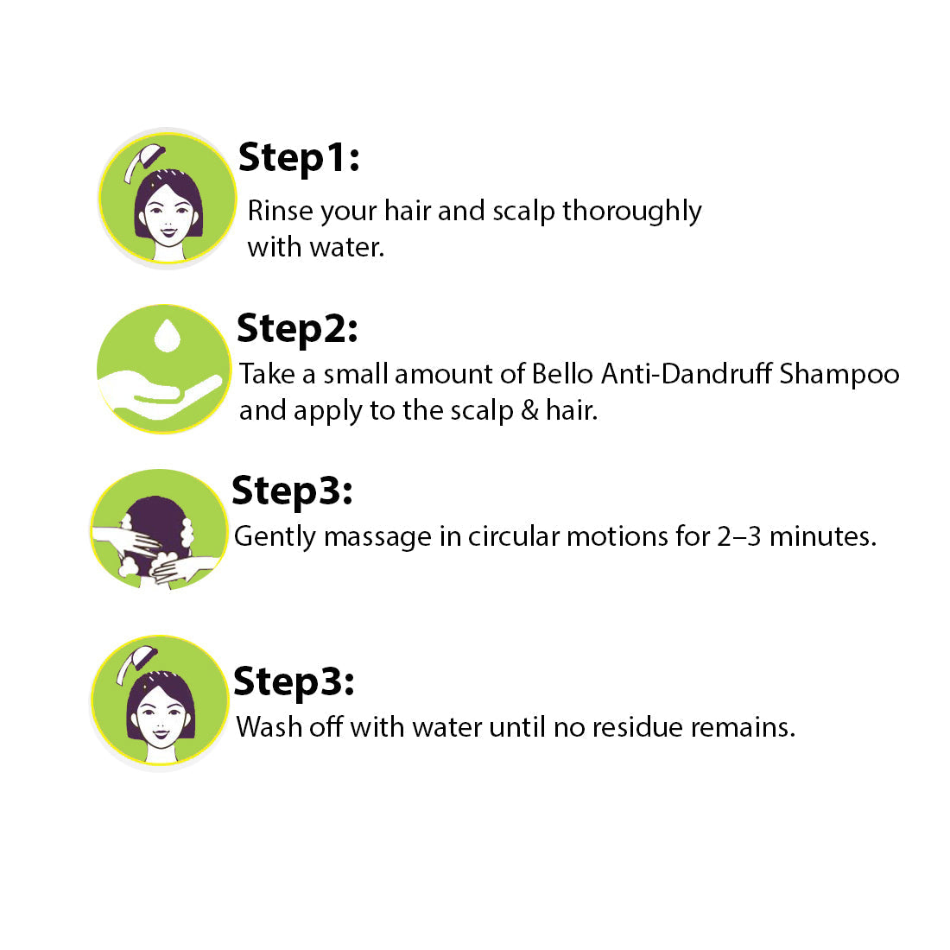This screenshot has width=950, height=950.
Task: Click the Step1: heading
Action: point(299,159)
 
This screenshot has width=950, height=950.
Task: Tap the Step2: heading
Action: point(297,330)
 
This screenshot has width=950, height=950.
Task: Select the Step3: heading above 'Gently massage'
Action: point(292,491)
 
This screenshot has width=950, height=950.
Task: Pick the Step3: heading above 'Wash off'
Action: point(294,683)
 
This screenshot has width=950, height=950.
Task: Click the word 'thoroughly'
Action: point(632,212)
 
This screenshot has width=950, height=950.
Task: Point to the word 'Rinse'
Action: point(281,211)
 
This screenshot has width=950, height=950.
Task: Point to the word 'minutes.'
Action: point(823,537)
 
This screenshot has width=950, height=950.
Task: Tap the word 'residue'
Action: point(637,727)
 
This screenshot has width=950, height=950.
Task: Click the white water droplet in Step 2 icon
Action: point(168,335)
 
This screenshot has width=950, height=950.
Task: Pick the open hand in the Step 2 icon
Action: point(159,395)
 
